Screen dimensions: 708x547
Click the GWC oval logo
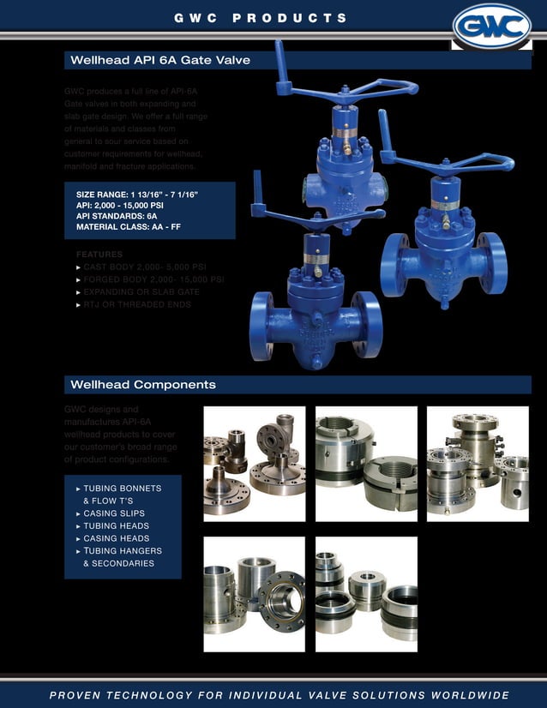[492, 27]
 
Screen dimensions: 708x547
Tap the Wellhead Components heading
[142, 385]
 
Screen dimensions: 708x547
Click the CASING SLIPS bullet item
[117, 513]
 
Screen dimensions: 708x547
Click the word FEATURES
[99, 255]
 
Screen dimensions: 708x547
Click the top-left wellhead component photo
[254, 464]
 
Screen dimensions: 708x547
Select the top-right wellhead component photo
[478, 464]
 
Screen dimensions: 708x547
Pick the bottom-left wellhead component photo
[254, 594]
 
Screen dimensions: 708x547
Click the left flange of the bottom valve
[262, 326]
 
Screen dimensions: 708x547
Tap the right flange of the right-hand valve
[495, 262]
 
